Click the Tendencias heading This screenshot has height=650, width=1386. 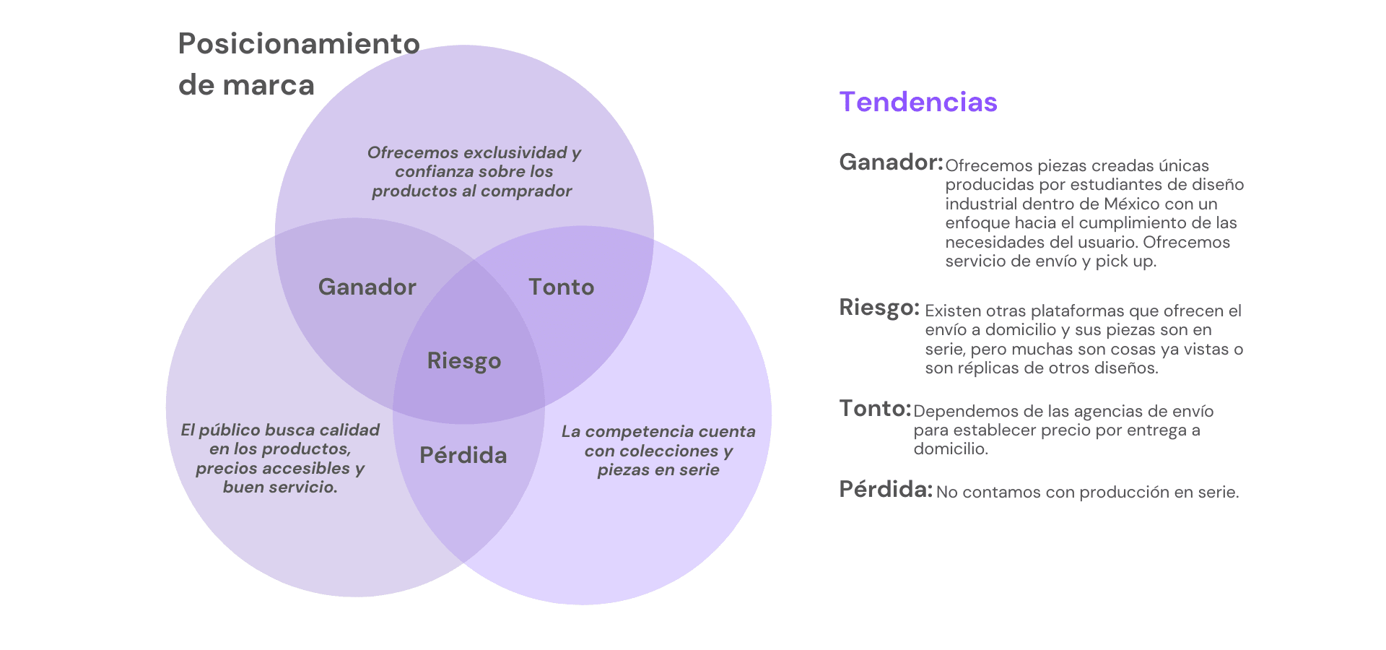[x=918, y=102]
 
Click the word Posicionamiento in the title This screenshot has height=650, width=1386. [x=299, y=44]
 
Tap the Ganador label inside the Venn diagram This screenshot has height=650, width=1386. [x=367, y=287]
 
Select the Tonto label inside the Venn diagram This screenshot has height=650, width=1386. [x=561, y=287]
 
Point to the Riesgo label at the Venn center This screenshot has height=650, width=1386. [x=463, y=360]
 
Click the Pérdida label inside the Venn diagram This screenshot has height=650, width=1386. [x=463, y=455]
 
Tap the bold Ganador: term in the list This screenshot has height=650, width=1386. [x=891, y=162]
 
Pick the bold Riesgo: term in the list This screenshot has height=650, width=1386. [x=879, y=308]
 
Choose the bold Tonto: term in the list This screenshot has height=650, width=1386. [x=875, y=409]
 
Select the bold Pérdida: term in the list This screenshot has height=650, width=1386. [x=886, y=490]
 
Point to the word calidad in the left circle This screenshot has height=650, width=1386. [x=349, y=430]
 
